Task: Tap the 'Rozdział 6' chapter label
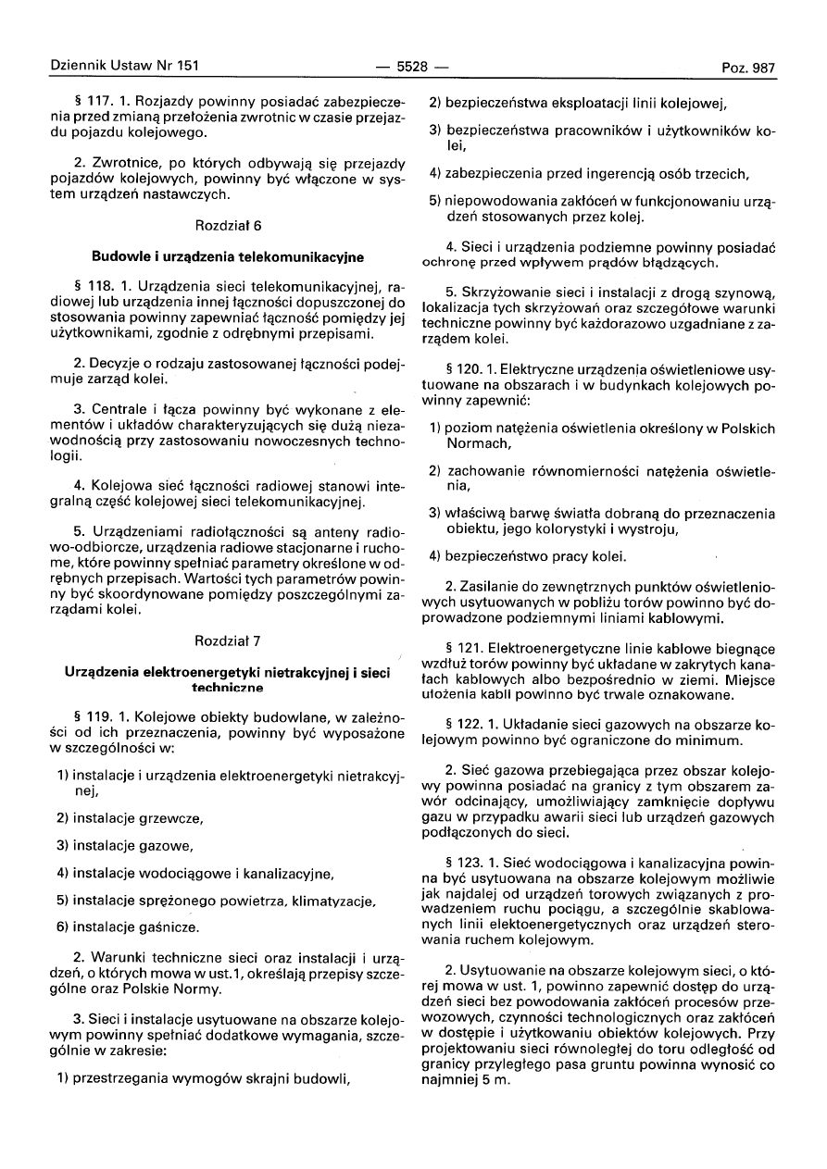point(227,225)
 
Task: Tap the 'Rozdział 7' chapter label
point(227,640)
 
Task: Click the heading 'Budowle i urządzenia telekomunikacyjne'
point(228,255)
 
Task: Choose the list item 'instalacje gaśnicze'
point(135,926)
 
